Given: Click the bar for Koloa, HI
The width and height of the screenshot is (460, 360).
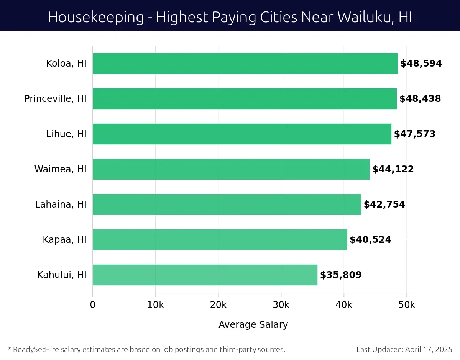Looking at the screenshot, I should pos(245,64).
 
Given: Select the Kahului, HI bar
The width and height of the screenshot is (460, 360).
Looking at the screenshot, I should pos(205,275).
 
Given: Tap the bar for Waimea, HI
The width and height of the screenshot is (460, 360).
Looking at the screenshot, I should pos(231,169).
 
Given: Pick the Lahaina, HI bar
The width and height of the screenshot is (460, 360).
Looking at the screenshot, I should pos(227,205).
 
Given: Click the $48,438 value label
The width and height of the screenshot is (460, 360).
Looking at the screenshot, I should pos(420,99).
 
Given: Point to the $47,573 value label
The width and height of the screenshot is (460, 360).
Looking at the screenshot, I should pos(415,134).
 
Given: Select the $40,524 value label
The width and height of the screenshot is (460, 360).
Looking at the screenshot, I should pos(370,240).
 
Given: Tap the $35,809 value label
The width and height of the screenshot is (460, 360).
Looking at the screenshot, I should pos(341,275).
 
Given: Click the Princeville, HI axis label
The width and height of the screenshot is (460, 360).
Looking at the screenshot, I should pos(55,99).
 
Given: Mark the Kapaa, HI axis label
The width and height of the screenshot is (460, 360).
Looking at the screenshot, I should pos(64,240).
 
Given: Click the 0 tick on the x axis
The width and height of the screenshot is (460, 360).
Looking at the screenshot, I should pos(93,305).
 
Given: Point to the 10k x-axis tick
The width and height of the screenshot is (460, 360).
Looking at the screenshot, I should pos(156,305).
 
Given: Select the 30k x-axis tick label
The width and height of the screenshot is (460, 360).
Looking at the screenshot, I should pos(281,305).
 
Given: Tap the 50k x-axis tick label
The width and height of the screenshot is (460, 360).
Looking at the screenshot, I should pos(407,305).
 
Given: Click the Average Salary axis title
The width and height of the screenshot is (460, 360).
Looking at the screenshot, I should pos(253,325).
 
